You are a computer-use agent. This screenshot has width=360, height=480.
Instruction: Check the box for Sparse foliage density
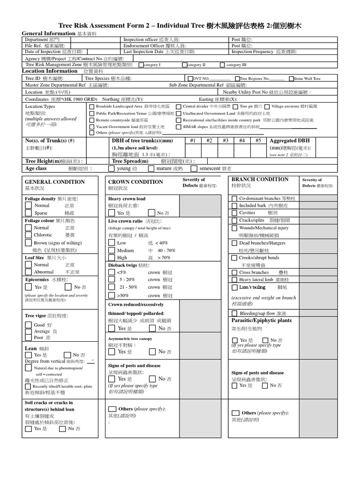[x=29, y=213]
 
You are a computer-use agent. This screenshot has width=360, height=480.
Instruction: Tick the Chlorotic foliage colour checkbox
[x=29, y=235]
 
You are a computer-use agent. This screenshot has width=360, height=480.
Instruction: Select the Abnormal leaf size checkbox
[x=29, y=272]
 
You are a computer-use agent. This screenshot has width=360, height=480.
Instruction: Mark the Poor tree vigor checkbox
[x=29, y=337]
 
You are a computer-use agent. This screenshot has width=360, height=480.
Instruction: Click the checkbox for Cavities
[x=234, y=213]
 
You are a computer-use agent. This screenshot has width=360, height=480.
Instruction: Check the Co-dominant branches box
[x=234, y=199]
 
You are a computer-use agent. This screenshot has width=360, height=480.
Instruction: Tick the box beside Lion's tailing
[x=234, y=287]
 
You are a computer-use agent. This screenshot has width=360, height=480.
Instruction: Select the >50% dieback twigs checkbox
[x=112, y=296]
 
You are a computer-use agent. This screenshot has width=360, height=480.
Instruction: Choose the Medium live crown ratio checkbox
[x=112, y=251]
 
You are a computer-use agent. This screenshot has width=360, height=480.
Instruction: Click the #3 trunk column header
[x=225, y=141]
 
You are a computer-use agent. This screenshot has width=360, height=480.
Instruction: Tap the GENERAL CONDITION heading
[x=55, y=182]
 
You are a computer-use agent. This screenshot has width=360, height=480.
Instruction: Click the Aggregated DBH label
[x=290, y=141]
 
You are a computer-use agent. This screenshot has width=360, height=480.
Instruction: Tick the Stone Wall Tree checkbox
[x=292, y=79]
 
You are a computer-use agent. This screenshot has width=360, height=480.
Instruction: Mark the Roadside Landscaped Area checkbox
[x=91, y=106]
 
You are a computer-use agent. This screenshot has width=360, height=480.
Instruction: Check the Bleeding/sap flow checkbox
[x=234, y=313]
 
